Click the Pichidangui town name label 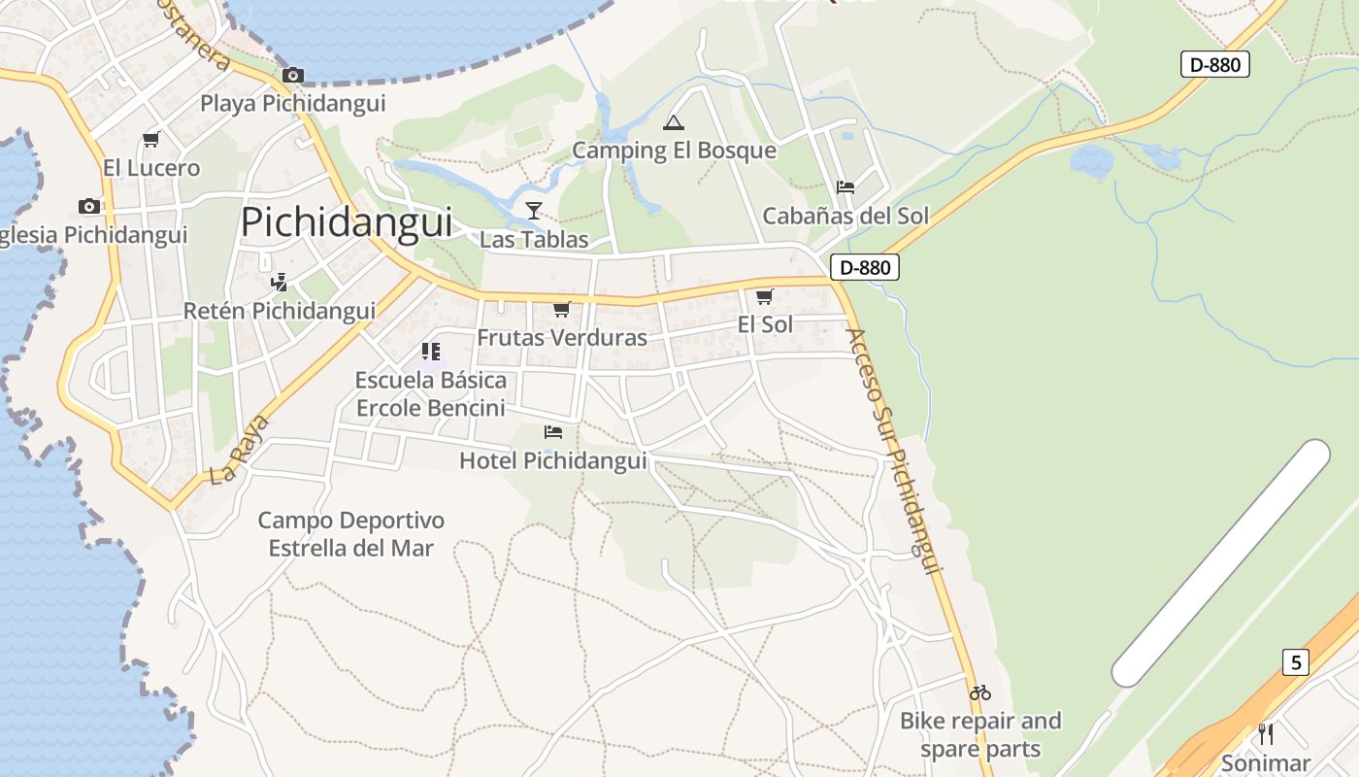point(347,222)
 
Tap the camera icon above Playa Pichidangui point(292,75)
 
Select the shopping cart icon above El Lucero point(150,140)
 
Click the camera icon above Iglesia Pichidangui point(89,206)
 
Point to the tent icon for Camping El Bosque point(673,122)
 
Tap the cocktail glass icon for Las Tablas point(533,210)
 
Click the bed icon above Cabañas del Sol point(845,186)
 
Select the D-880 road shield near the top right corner point(1214,65)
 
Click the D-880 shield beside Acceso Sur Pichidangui point(864,267)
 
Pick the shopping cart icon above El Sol point(765,296)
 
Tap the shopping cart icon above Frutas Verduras point(561,309)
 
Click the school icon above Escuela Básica point(430,351)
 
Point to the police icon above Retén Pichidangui point(280,282)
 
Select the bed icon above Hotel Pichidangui point(553,431)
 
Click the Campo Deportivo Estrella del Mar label point(350,534)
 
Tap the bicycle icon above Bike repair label point(980,693)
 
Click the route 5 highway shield point(1295,662)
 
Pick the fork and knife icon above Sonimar point(1266,733)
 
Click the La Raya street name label point(238,458)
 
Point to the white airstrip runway point(1221,563)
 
